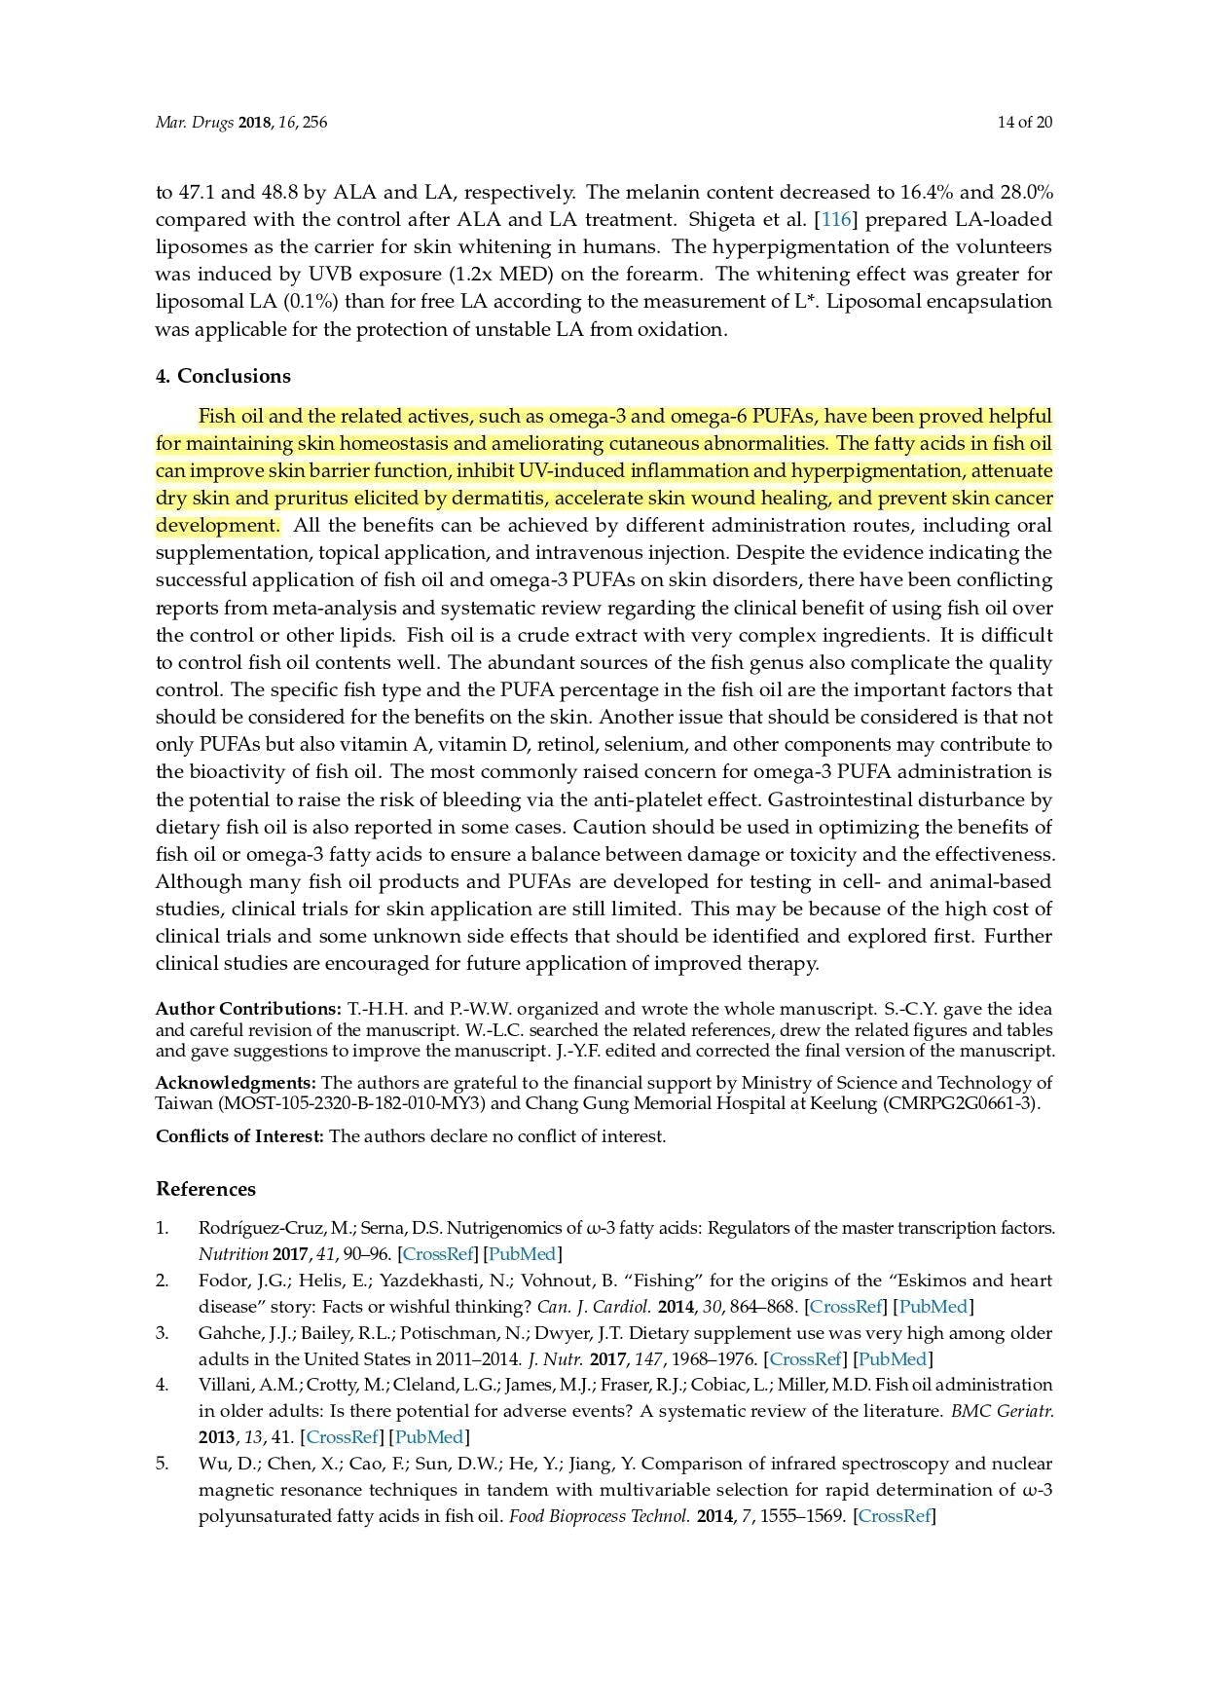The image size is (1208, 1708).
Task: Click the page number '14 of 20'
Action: click(x=1024, y=122)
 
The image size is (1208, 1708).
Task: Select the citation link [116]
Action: click(x=835, y=219)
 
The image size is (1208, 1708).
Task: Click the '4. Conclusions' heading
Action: click(x=223, y=376)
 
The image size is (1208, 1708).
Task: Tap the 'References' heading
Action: click(x=205, y=1189)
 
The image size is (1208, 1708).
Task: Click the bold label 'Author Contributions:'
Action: click(x=248, y=1009)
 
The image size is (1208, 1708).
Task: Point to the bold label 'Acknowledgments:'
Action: click(x=236, y=1083)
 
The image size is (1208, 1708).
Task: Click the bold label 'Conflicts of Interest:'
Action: click(x=239, y=1136)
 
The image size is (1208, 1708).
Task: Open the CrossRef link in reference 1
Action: click(x=437, y=1254)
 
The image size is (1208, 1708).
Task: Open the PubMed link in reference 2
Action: click(x=933, y=1307)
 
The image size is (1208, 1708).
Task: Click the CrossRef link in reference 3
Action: click(x=804, y=1358)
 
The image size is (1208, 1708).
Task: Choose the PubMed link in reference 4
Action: click(x=429, y=1436)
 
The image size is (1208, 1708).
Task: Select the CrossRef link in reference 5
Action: click(x=894, y=1515)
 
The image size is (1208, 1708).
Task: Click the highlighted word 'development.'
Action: click(x=217, y=526)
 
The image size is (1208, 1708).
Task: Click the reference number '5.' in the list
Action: click(x=163, y=1464)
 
